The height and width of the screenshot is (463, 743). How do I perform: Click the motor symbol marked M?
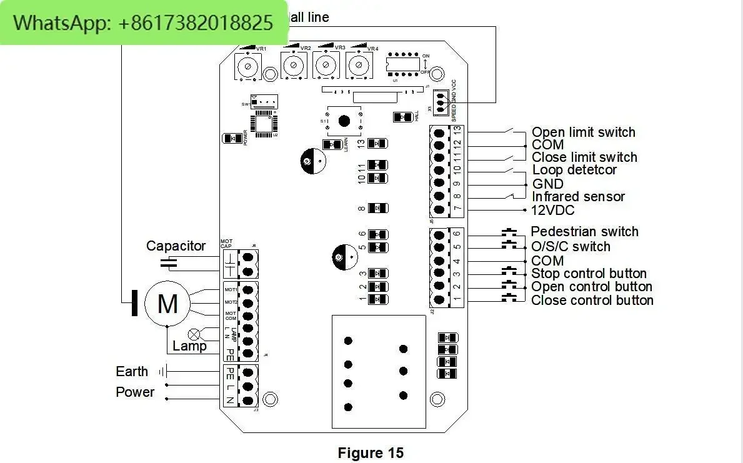[167, 304]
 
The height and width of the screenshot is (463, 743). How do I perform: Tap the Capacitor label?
[176, 246]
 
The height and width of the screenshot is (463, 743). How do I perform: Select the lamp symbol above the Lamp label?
[194, 334]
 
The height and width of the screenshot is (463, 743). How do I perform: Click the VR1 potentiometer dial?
[248, 66]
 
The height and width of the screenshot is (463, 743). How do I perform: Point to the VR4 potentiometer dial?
[358, 64]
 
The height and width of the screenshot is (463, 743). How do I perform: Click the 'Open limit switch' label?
[583, 132]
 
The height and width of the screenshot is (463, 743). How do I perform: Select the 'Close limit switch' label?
[584, 157]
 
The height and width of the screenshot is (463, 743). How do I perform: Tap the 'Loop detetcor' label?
[574, 170]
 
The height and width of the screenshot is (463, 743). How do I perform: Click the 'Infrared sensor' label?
[578, 197]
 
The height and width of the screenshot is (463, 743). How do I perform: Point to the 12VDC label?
[552, 211]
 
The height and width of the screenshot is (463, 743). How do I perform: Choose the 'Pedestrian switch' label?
[584, 232]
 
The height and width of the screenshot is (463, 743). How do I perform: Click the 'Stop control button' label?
[589, 274]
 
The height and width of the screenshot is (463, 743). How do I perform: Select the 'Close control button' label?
[592, 301]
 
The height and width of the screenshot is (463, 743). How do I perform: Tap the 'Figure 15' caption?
[371, 453]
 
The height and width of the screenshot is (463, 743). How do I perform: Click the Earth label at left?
[132, 371]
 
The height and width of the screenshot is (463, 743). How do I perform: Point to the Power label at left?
[135, 392]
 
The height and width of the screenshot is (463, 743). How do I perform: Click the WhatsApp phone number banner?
[143, 23]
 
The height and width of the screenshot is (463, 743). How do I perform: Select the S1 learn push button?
[343, 121]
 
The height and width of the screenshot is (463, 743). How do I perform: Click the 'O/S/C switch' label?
[571, 246]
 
